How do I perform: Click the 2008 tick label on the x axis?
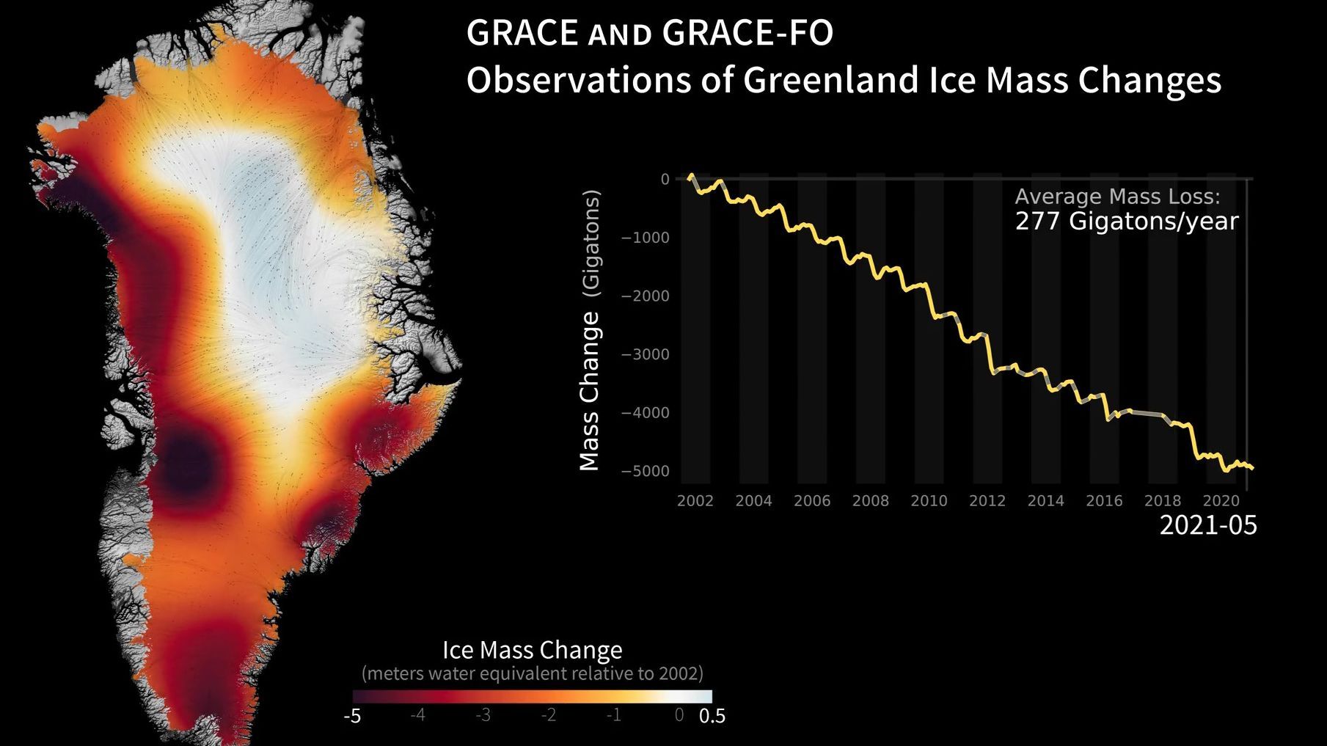(870, 501)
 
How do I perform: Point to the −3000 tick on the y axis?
(645, 354)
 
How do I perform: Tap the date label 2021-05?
(1207, 525)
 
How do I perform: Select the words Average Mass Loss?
(1116, 197)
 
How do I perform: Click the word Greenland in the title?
(831, 80)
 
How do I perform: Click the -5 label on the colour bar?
(352, 716)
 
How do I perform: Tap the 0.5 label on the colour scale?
(712, 716)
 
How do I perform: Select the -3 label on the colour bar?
(483, 715)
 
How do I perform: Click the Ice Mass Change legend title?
(532, 650)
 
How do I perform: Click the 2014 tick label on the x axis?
(1045, 501)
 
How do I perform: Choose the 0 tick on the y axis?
(665, 179)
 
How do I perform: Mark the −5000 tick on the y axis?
(645, 471)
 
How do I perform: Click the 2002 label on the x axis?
(695, 501)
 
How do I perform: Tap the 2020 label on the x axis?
(1221, 501)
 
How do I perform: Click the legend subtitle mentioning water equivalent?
(532, 673)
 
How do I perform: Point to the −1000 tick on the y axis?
(645, 238)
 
